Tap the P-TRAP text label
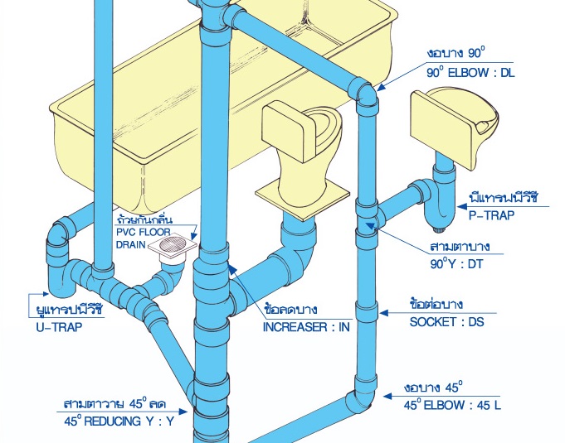click(491, 215)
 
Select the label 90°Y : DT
click(456, 264)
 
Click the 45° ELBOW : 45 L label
click(451, 405)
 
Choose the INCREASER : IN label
click(306, 327)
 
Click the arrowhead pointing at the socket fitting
click(384, 314)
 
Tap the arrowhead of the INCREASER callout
click(233, 267)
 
